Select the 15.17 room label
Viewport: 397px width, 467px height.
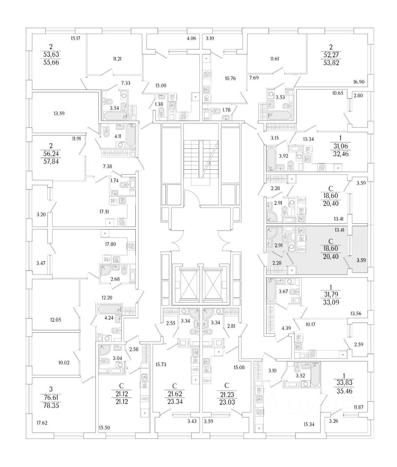[75, 37]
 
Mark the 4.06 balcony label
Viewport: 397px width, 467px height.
[191, 37]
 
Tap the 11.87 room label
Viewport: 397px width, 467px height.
[359, 407]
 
